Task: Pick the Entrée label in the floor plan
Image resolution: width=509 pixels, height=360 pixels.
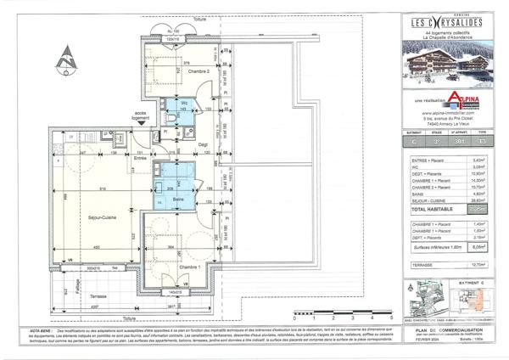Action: point(140,158)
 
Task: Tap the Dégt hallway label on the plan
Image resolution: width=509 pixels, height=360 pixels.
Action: point(204,144)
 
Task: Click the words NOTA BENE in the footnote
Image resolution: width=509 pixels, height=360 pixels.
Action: point(65,326)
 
